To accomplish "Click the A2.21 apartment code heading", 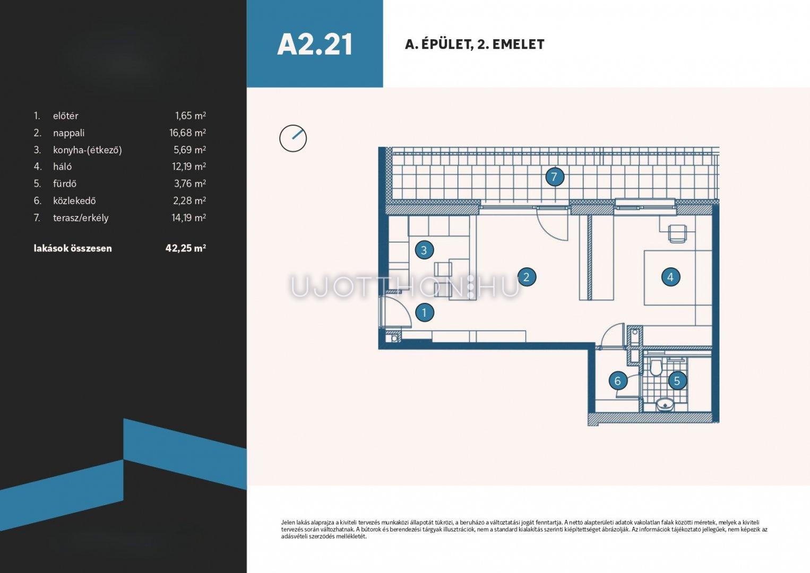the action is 315,45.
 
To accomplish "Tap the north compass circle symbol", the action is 293,138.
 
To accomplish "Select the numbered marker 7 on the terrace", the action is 554,177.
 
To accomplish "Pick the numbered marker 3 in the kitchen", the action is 424,250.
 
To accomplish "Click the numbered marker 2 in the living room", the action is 527,277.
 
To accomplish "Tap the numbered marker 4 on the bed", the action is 670,277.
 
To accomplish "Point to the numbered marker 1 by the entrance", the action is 424,312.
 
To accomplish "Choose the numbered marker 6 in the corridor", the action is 618,381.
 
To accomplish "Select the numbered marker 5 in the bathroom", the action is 677,380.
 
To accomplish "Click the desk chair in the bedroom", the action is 677,233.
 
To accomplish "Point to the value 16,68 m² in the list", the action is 188,133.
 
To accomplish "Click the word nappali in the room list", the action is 68,133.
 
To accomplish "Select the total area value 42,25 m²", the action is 186,248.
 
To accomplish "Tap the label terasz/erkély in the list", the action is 81,218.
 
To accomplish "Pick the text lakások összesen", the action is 73,248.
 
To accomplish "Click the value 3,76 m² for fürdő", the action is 190,184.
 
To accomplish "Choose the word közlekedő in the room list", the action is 74,201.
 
